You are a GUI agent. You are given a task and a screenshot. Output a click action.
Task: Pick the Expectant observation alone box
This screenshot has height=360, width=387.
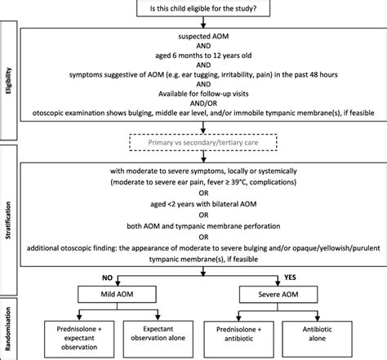point(156,335)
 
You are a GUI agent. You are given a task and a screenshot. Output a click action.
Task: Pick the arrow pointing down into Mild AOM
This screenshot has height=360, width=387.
point(116,282)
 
